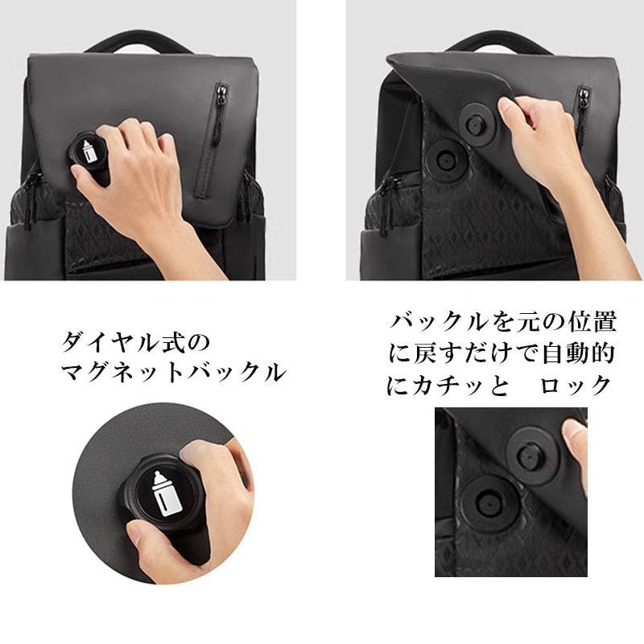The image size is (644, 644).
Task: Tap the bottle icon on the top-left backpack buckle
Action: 89,151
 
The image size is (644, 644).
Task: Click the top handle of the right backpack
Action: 498,42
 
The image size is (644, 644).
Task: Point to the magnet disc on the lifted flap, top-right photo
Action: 476,124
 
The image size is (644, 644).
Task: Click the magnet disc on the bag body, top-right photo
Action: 445,160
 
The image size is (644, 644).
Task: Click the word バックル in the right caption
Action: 439,322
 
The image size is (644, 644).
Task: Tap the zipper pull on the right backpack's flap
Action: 583,97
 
